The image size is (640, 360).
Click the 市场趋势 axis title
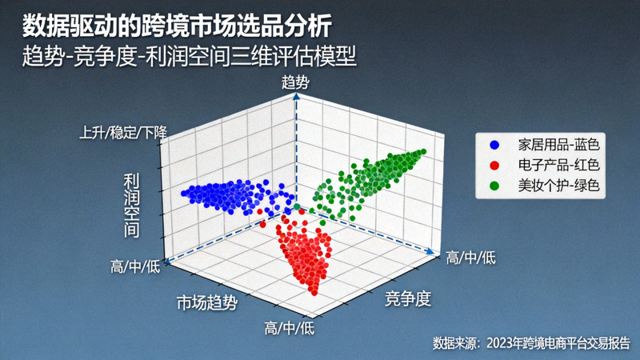207,302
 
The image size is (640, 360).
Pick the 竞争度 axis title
408,299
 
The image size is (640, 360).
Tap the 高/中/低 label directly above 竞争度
470,257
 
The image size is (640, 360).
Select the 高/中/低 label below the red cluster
289,328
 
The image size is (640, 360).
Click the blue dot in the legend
495,145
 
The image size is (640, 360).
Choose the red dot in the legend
495,166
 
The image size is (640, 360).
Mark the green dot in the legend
495,186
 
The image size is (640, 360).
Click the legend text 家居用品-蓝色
558,145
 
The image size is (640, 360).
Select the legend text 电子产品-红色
558,166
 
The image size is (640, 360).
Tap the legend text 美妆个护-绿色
558,186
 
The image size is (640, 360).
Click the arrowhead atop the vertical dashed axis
296,94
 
